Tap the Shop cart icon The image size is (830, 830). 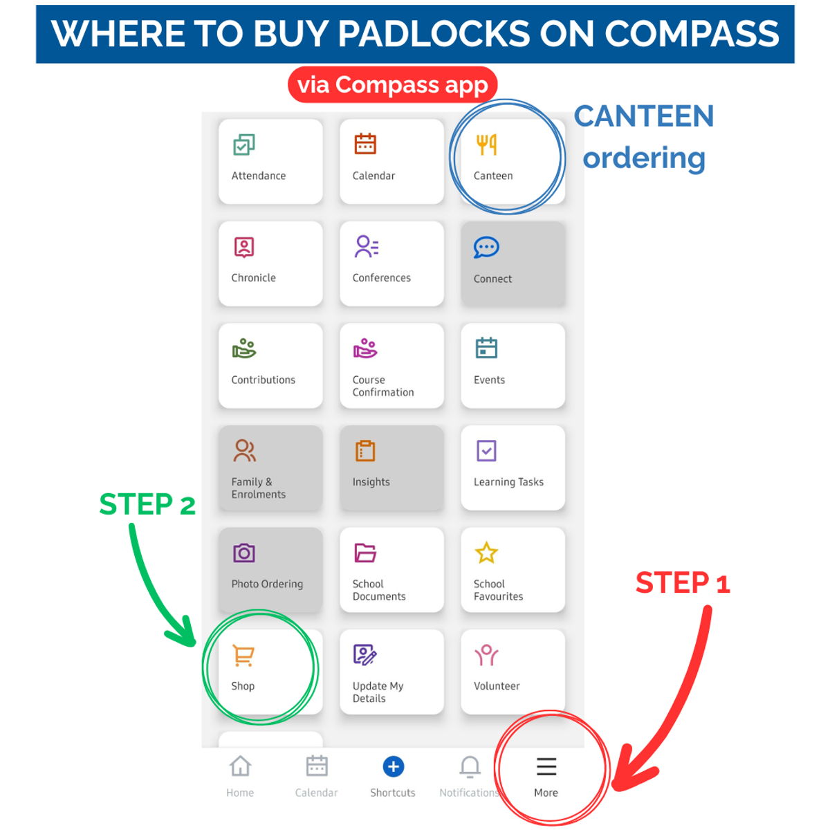click(243, 656)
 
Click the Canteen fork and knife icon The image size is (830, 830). click(486, 145)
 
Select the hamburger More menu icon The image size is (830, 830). click(546, 766)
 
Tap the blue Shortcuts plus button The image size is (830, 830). click(393, 766)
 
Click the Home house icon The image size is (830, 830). click(240, 766)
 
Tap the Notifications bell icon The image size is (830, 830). click(470, 766)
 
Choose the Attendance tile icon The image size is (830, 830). click(243, 145)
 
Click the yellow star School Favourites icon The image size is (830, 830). click(486, 553)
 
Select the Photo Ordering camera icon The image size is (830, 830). click(243, 553)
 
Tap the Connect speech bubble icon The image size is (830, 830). click(486, 247)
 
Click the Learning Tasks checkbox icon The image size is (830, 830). click(486, 451)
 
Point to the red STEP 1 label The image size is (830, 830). click(682, 583)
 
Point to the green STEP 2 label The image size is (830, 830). click(147, 504)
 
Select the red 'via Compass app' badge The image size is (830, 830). click(392, 85)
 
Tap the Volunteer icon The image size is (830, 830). click(486, 655)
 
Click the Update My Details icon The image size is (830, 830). click(365, 655)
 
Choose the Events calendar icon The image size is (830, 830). click(486, 349)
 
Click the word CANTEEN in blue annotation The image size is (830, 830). click(643, 116)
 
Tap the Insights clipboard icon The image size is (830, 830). click(365, 451)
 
